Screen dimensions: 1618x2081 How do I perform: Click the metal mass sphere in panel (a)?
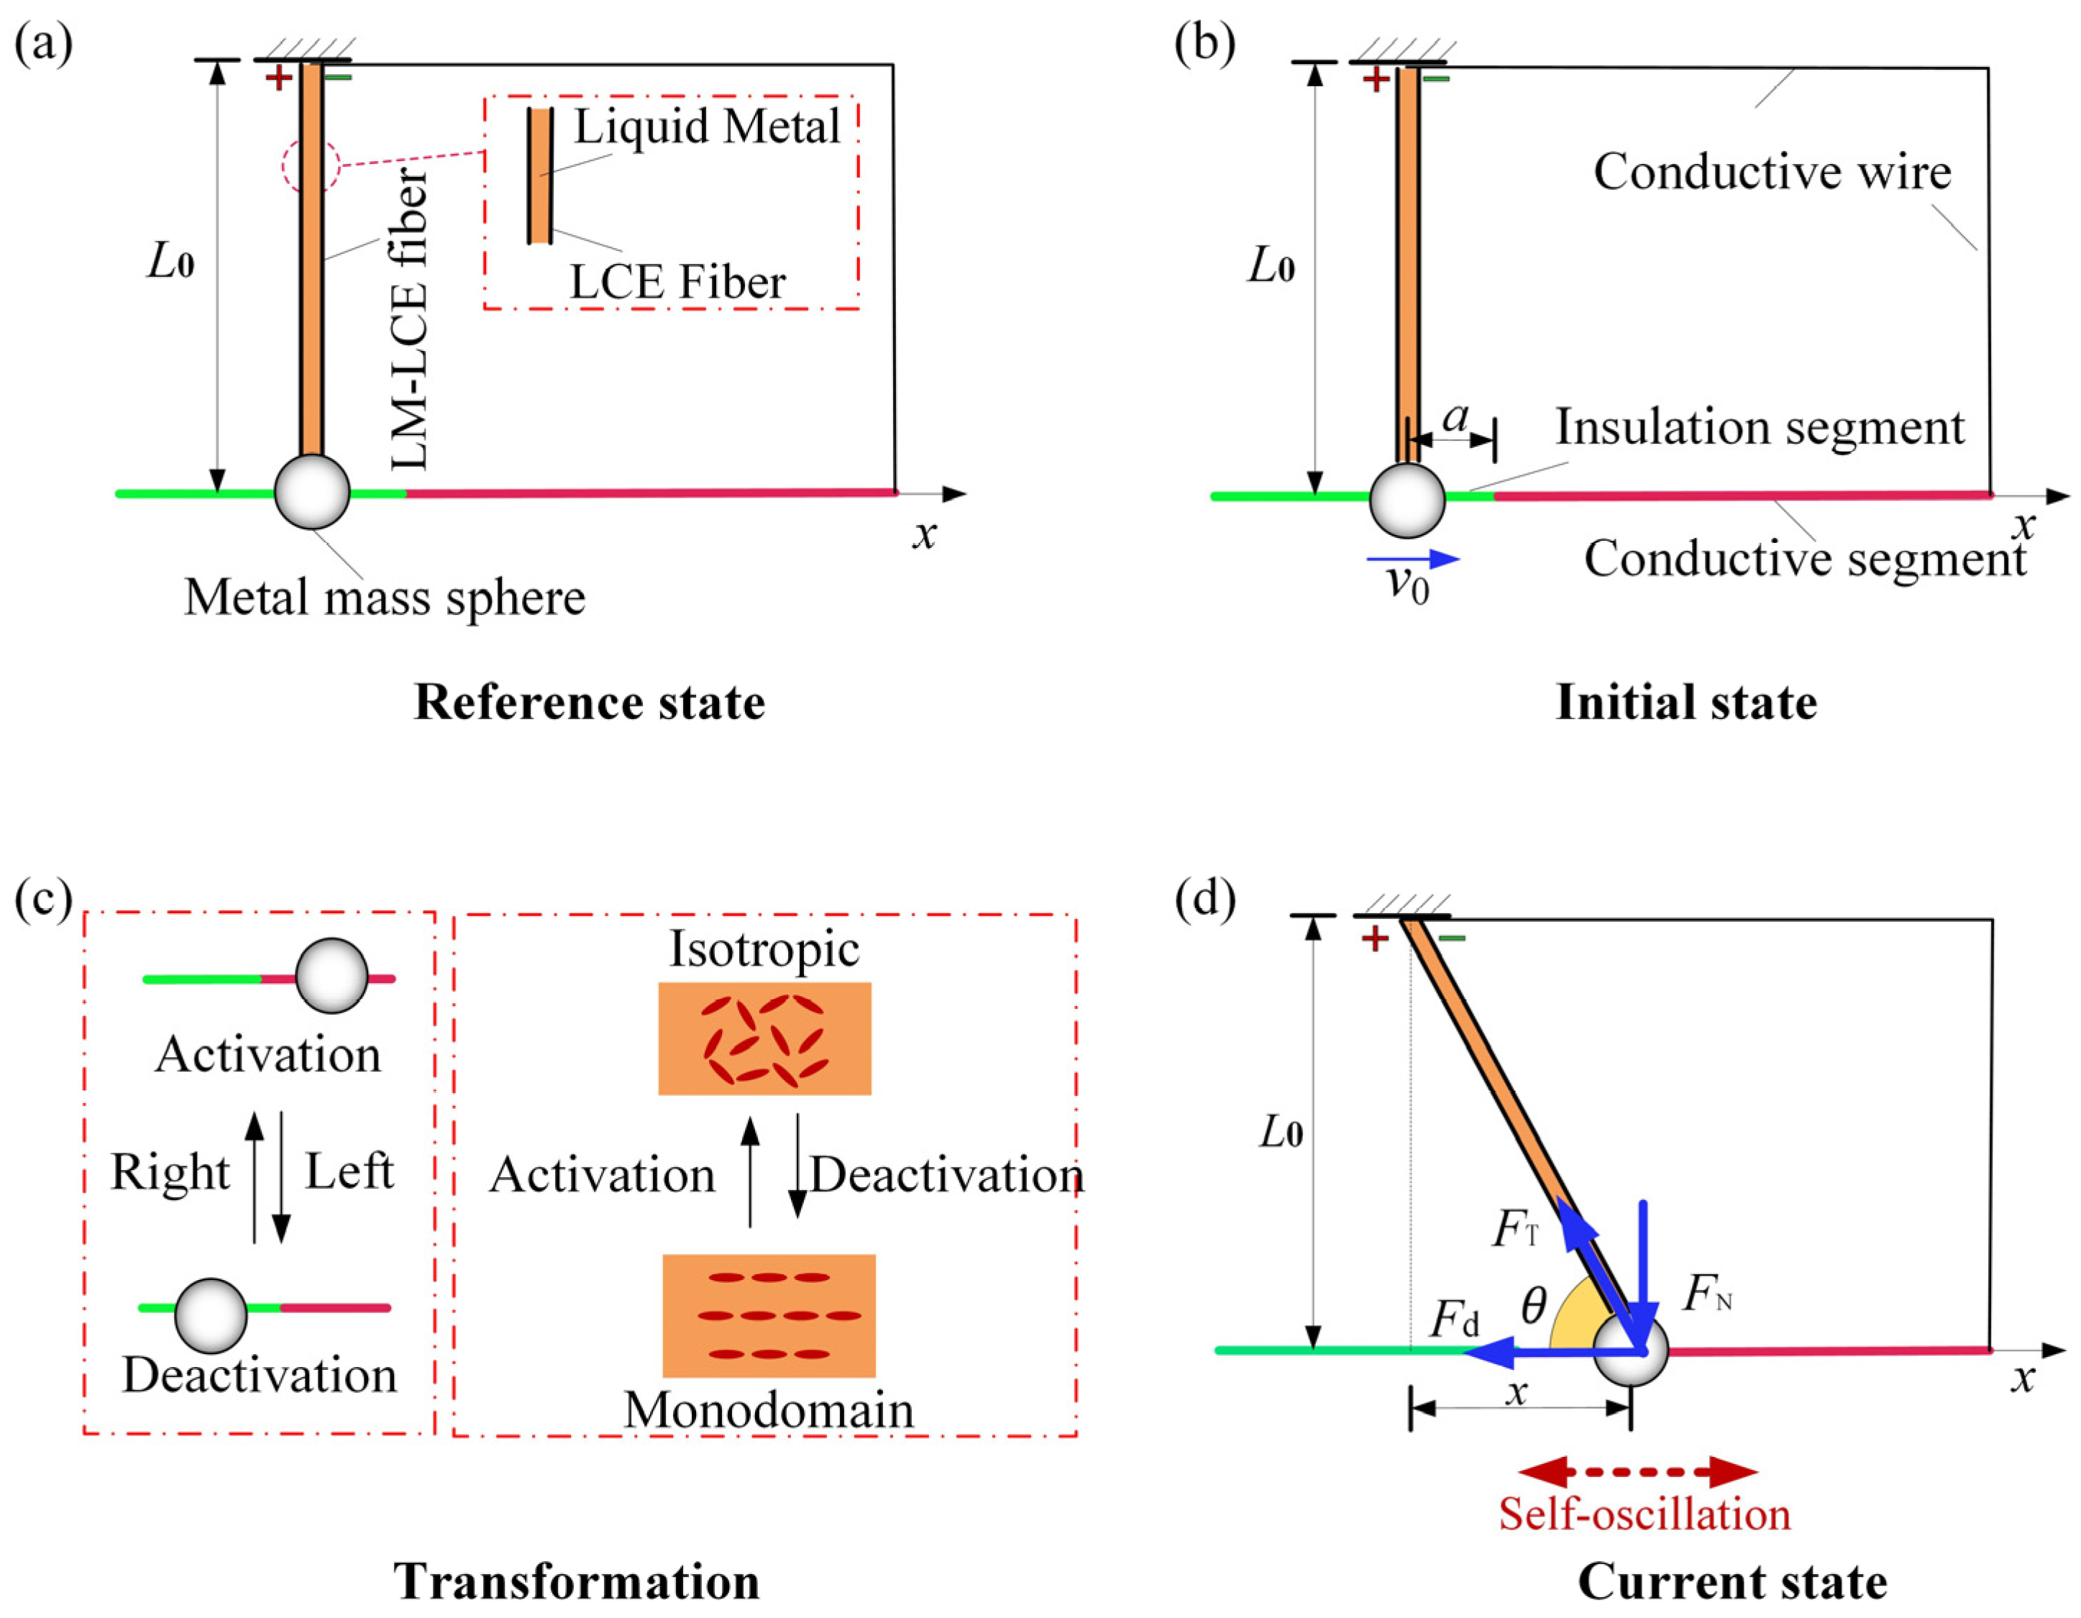coord(311,492)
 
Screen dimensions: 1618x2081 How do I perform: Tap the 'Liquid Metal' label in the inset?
coord(706,127)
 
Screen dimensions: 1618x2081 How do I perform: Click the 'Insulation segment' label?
coord(1759,427)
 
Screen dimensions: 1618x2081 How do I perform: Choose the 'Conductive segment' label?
coord(1803,559)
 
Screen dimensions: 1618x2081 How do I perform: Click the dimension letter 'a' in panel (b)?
coord(1455,416)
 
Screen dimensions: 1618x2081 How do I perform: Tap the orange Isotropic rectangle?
coord(764,1038)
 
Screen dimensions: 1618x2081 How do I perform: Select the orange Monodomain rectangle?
coord(768,1315)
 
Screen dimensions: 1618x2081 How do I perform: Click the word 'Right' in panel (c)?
coord(170,1172)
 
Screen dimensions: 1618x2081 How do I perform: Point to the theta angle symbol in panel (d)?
coord(1533,1307)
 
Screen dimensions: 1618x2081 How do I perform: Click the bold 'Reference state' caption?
coord(589,703)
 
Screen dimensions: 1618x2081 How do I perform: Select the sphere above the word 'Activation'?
coord(331,975)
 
